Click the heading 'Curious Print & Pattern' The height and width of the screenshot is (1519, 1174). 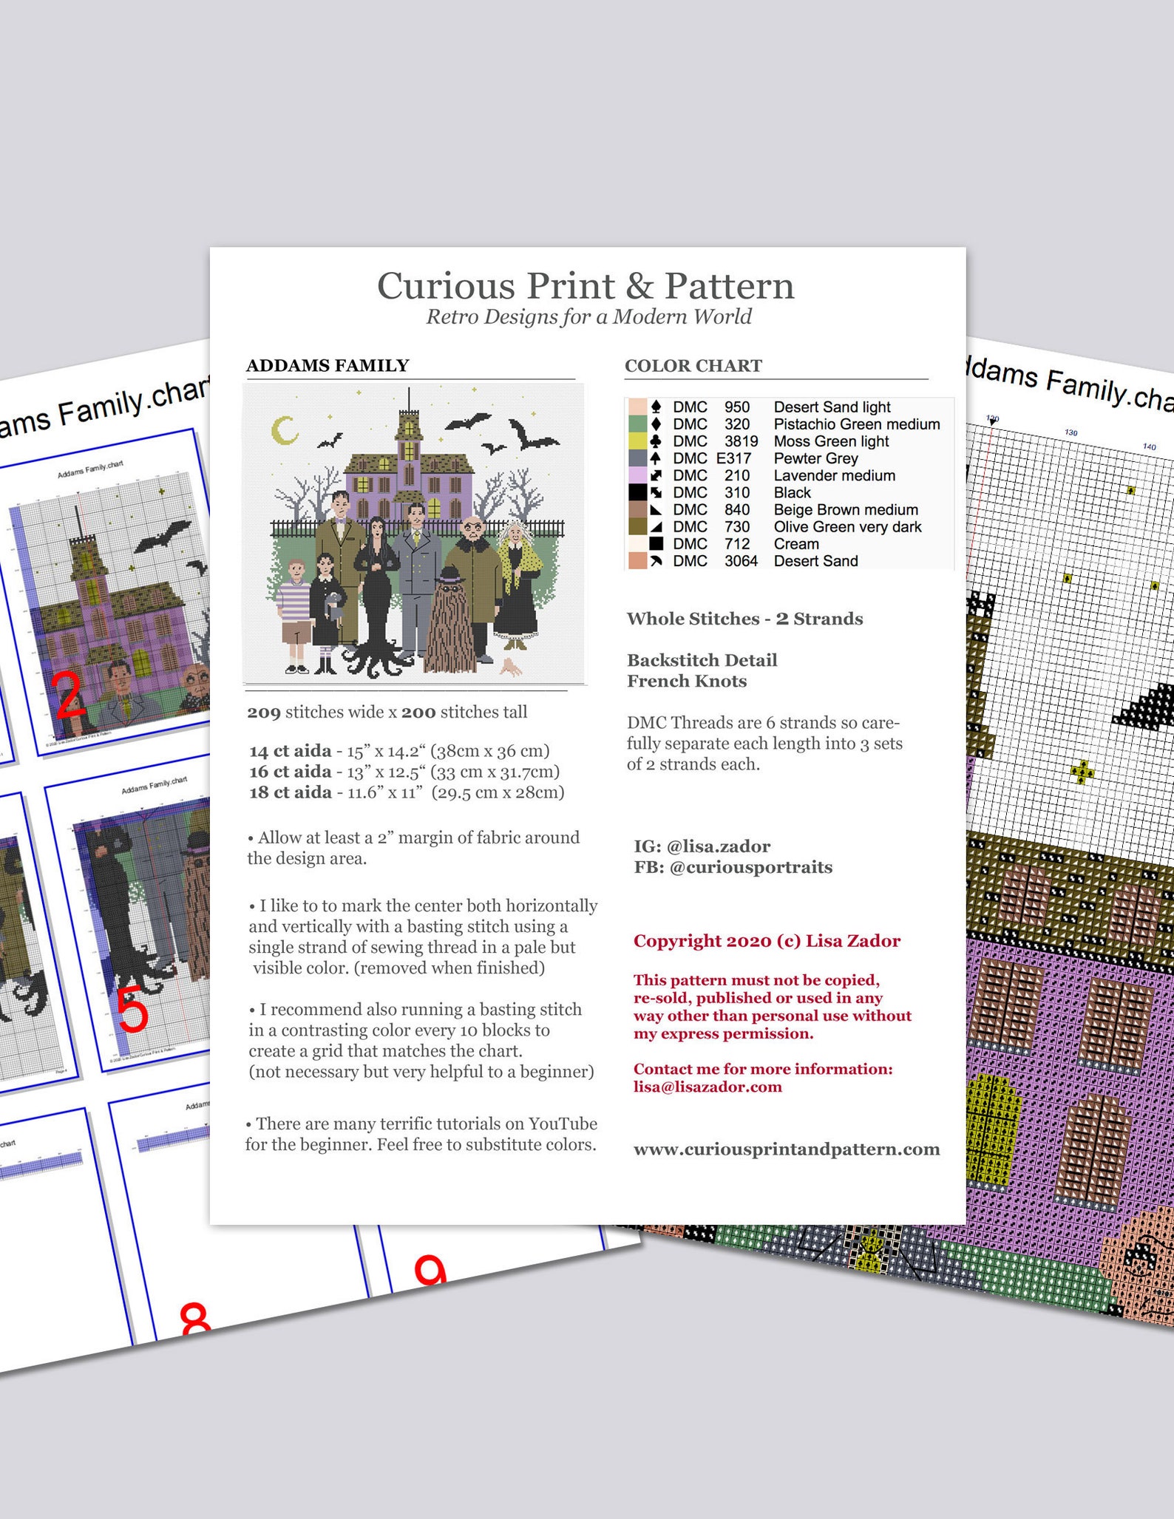[x=586, y=286]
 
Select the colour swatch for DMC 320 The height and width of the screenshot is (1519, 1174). [x=637, y=424]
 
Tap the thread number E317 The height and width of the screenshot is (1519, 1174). [x=733, y=458]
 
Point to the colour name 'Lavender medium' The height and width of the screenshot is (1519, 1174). [x=834, y=475]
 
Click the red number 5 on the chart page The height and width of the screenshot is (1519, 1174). [x=133, y=1010]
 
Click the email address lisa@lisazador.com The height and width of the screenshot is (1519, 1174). [x=708, y=1087]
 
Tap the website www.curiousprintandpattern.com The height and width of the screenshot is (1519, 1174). [x=787, y=1149]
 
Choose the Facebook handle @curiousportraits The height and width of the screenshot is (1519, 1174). [x=750, y=867]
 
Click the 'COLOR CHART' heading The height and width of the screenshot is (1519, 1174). [x=693, y=366]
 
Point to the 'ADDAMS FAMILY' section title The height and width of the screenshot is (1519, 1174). [x=328, y=366]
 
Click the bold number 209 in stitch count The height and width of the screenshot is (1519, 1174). [x=264, y=713]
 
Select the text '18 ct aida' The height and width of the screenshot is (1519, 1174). [x=291, y=792]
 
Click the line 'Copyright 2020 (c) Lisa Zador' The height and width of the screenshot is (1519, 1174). [x=767, y=941]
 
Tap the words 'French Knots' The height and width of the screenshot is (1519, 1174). [x=687, y=682]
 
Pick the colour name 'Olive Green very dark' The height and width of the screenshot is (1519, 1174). [x=847, y=527]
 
